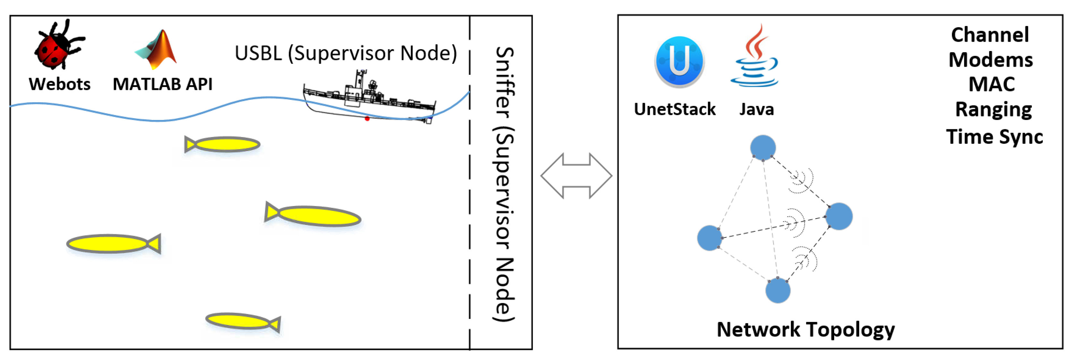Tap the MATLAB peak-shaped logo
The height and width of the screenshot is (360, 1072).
158,49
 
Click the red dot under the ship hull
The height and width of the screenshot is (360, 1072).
367,119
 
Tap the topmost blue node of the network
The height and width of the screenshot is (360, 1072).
763,147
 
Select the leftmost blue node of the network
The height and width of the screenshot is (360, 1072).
709,238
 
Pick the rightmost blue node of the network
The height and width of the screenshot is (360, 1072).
839,216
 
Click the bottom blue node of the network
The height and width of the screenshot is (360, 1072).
778,290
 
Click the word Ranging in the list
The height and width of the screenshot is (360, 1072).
993,110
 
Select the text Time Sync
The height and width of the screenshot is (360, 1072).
995,137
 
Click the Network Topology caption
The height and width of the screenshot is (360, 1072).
806,330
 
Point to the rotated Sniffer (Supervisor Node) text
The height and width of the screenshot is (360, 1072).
504,183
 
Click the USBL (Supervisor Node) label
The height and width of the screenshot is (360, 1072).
345,53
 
